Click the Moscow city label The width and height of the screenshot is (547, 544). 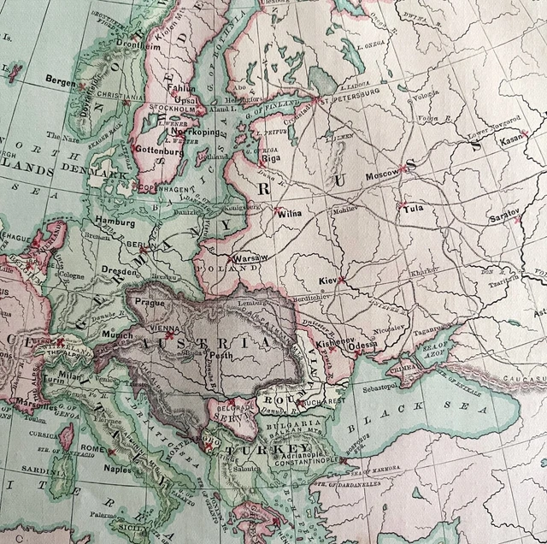click(x=381, y=174)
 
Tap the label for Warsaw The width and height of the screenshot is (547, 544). click(x=250, y=257)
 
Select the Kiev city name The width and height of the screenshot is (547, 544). click(x=327, y=281)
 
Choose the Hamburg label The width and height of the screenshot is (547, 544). click(x=115, y=220)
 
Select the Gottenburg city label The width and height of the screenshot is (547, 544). click(x=159, y=150)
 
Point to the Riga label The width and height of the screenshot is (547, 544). click(x=271, y=158)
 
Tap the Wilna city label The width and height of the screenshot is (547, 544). click(x=288, y=214)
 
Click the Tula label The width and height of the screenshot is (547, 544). click(x=413, y=208)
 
